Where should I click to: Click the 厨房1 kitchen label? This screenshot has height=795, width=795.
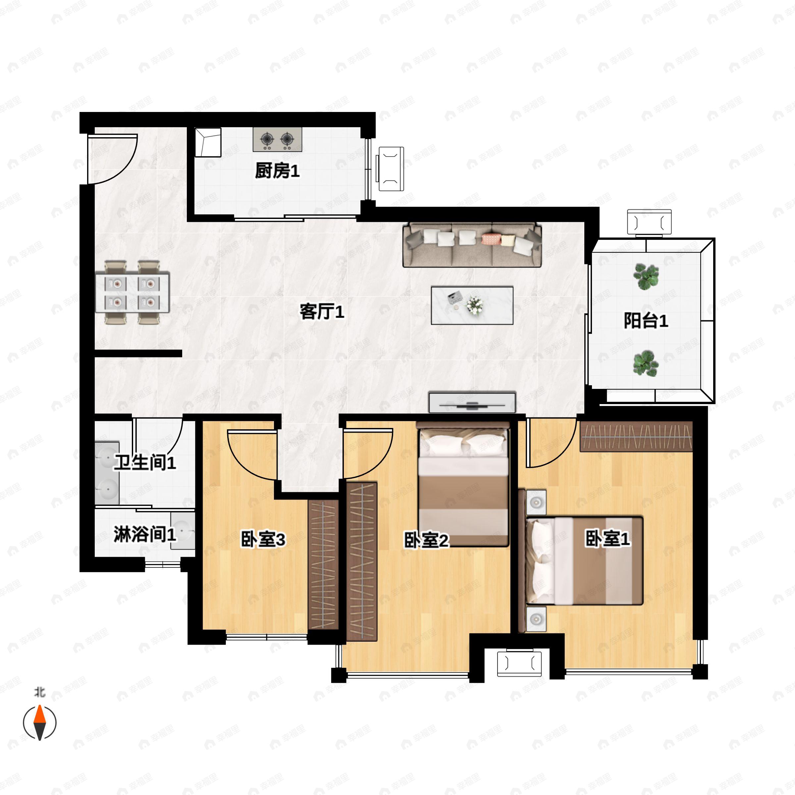[x=277, y=171]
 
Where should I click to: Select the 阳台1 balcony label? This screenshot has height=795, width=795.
[x=646, y=321]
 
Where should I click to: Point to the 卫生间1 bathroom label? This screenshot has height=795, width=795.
[x=145, y=462]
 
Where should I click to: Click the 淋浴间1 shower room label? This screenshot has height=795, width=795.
[x=145, y=534]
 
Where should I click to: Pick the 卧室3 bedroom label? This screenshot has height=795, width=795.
[x=263, y=540]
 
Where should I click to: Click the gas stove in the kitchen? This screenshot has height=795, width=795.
[x=277, y=139]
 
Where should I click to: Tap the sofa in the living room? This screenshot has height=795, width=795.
[x=472, y=245]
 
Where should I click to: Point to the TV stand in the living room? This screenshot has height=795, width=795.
[x=472, y=402]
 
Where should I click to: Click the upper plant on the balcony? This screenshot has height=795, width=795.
[x=646, y=276]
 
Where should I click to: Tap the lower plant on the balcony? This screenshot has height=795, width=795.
[x=645, y=363]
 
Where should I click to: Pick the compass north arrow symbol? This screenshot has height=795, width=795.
[x=39, y=722]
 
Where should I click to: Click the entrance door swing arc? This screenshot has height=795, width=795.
[x=113, y=158]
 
